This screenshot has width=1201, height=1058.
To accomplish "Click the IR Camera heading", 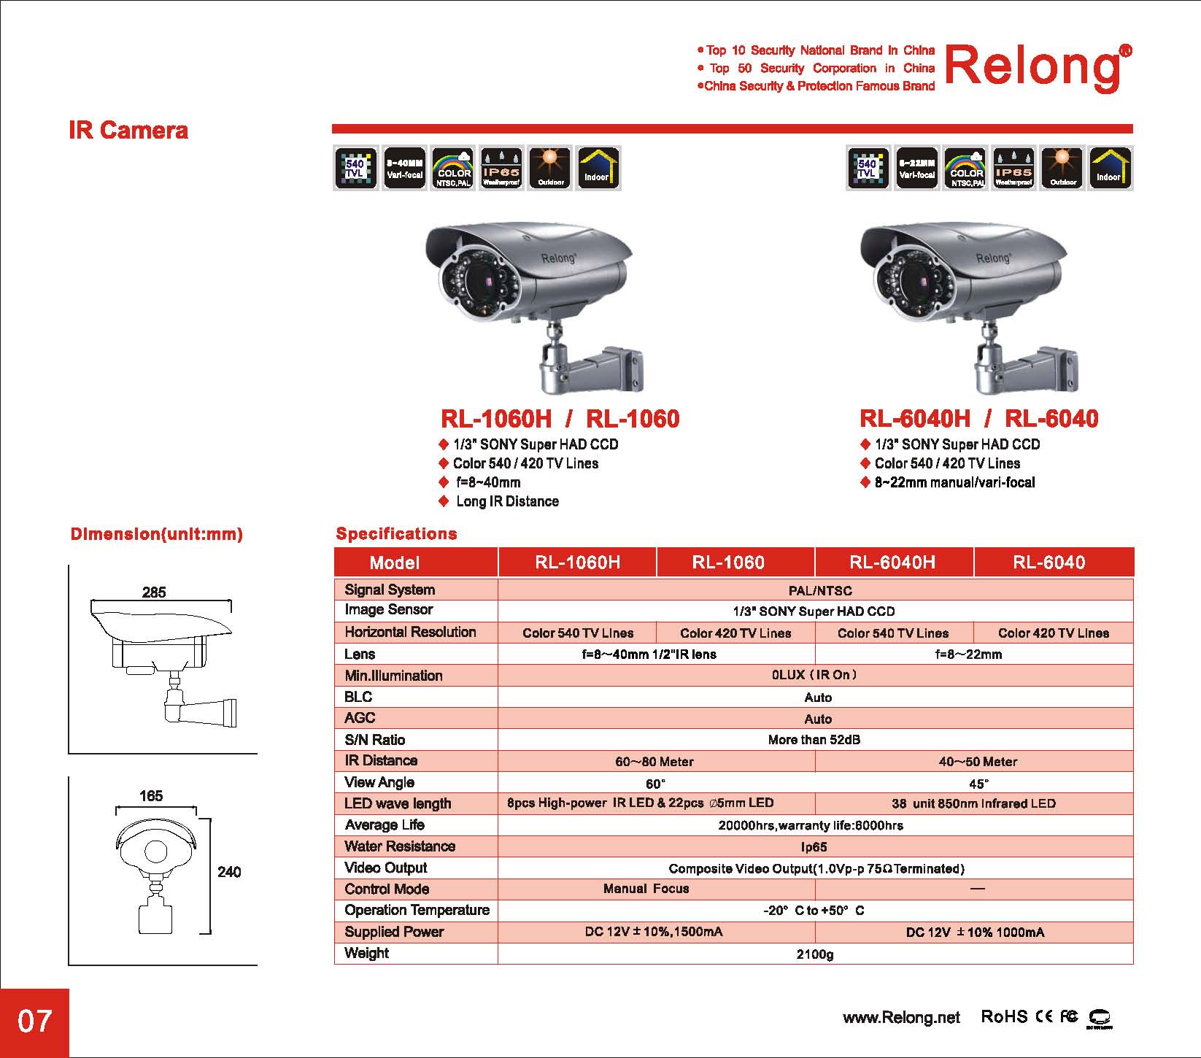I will (128, 131).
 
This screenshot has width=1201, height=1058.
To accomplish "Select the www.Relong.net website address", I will (901, 1017).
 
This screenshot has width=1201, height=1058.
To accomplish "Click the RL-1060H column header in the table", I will (577, 563).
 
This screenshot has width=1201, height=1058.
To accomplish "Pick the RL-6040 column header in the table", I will (1049, 563).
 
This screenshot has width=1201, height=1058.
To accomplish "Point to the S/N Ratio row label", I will (374, 740).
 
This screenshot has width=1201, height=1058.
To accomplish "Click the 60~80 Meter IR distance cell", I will (654, 762).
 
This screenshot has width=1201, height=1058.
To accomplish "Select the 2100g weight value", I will (814, 954).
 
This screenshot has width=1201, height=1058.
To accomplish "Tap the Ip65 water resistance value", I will (814, 847).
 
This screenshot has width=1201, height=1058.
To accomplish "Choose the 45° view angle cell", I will (978, 784).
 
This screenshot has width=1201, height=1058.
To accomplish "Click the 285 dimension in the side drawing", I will (154, 592).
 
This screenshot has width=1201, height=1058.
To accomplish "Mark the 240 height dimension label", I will (229, 872).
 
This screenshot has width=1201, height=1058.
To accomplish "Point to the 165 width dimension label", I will (151, 796).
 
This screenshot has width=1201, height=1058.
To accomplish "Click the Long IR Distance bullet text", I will (507, 501).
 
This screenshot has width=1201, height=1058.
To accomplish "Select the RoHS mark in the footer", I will (1004, 1016).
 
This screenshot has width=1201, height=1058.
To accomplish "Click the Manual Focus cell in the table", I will (646, 889).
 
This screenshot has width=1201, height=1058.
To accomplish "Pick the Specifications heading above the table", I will (396, 534).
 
